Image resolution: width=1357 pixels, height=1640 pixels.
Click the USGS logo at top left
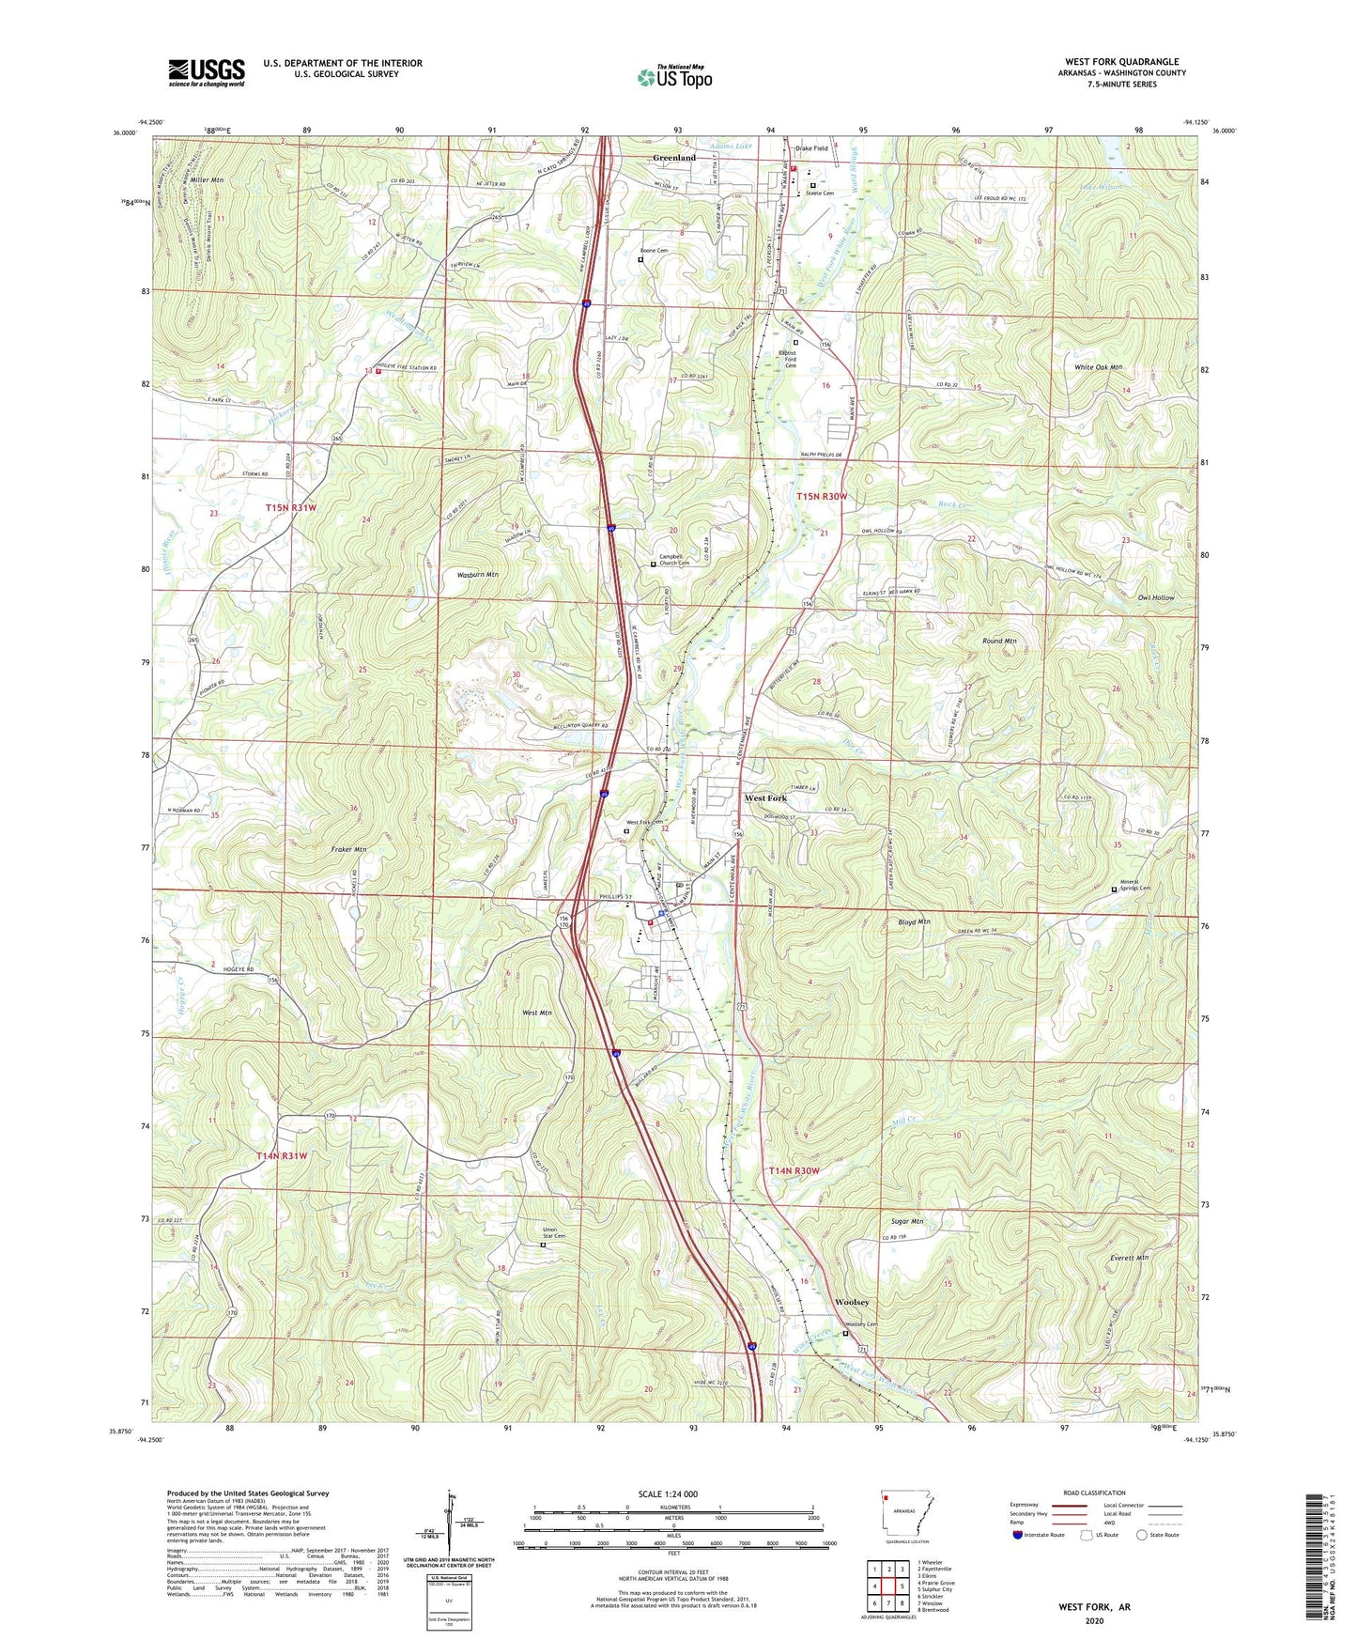[x=206, y=72]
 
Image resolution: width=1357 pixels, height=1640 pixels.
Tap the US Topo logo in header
[x=674, y=77]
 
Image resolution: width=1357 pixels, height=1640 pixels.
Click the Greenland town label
[x=674, y=158]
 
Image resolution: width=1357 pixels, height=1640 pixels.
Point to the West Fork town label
[x=765, y=797]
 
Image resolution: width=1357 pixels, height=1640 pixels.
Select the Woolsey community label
[x=852, y=1303]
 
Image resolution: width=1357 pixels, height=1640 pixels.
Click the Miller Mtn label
[x=207, y=179]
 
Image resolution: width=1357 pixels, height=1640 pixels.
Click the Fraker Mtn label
[x=348, y=849]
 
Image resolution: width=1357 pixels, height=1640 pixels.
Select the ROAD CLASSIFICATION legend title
[x=1094, y=1493]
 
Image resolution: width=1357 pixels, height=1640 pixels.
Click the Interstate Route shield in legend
[x=1017, y=1535]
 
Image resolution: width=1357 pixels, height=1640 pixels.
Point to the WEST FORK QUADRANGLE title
[x=1121, y=62]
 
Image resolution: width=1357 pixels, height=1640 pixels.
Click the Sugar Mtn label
[x=907, y=1221]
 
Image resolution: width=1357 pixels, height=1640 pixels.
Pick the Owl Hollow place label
[x=1155, y=597]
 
